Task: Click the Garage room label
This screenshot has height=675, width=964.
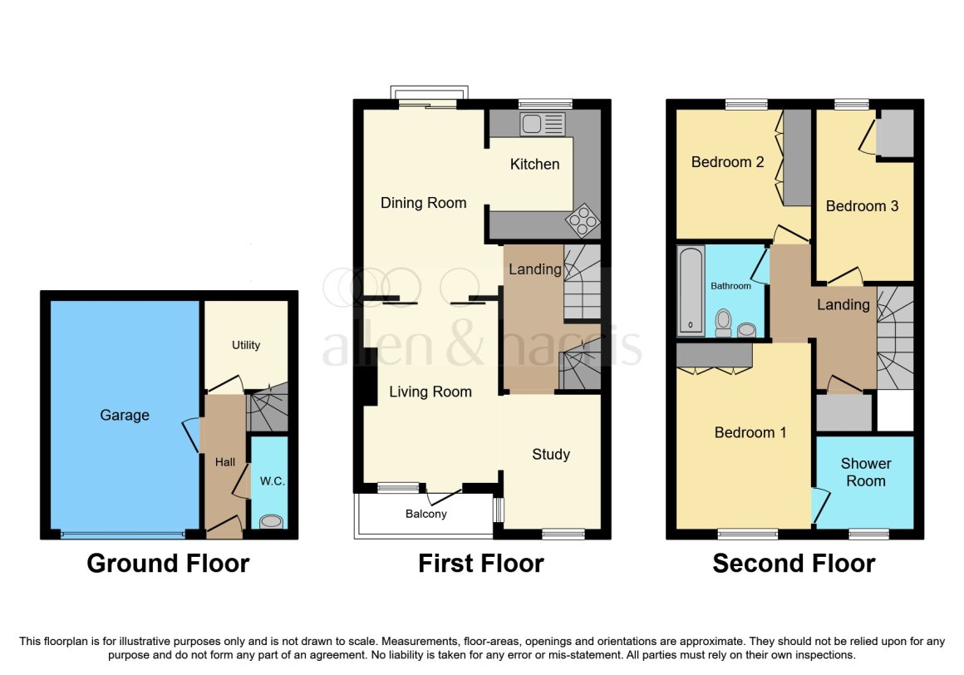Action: click(x=125, y=416)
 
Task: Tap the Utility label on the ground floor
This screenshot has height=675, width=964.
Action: click(x=246, y=346)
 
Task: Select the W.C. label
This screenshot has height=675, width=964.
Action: click(x=273, y=481)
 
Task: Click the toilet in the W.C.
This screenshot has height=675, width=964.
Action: click(x=271, y=522)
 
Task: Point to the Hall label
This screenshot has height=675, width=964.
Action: click(x=225, y=462)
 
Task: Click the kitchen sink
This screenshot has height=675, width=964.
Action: click(x=542, y=124)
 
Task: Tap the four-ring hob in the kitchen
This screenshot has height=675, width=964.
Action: click(x=583, y=220)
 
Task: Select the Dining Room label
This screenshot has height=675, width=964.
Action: click(x=424, y=203)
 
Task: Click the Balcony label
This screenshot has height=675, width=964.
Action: click(x=426, y=514)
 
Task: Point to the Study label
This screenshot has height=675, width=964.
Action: click(x=551, y=455)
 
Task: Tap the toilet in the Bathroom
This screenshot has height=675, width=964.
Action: click(x=724, y=323)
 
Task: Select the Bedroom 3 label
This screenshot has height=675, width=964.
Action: click(x=862, y=206)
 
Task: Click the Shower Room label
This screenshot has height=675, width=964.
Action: click(x=866, y=472)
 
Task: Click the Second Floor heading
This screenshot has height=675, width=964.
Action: click(x=794, y=564)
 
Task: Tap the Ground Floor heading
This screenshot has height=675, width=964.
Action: click(x=168, y=564)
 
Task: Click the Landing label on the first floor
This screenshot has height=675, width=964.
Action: click(x=535, y=269)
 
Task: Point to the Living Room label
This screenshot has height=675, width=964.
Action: click(x=430, y=392)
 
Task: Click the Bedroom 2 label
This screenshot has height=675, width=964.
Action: click(x=727, y=162)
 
